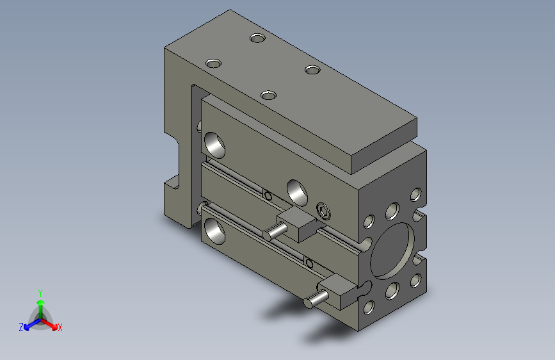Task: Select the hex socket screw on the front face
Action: (325, 210)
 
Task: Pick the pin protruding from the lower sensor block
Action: (314, 300)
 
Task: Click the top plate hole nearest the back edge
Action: (257, 38)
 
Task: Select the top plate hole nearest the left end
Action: (213, 63)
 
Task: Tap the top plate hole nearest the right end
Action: (312, 69)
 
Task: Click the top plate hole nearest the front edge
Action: (268, 95)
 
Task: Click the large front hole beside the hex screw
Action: (297, 190)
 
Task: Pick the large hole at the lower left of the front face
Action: (214, 230)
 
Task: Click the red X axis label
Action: (60, 327)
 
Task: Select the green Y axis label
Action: (40, 292)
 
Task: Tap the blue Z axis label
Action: (21, 327)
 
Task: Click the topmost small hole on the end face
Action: (415, 193)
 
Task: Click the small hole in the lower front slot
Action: (310, 262)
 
